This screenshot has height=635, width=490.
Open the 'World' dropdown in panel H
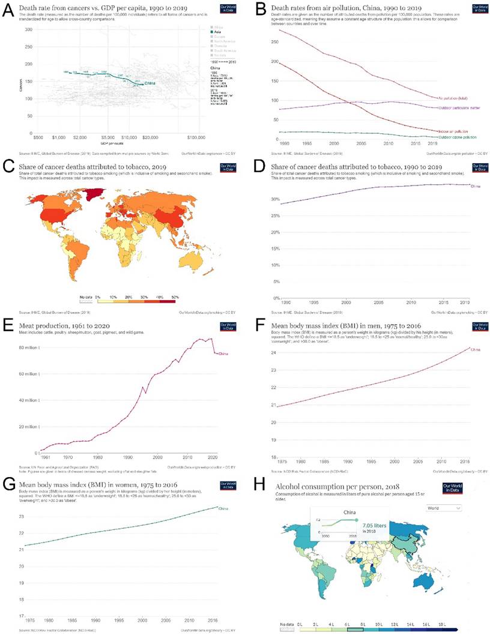(x=445, y=507)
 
